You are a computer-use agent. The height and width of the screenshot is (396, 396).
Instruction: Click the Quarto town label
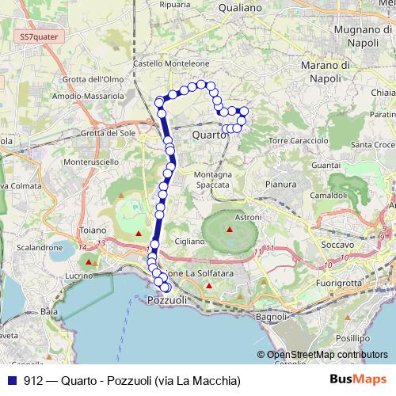[209, 135]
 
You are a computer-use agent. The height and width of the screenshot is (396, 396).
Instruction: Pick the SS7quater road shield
[37, 36]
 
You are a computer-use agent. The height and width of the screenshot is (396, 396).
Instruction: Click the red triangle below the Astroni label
[230, 230]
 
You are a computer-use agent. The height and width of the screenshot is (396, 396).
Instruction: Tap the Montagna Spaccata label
[212, 179]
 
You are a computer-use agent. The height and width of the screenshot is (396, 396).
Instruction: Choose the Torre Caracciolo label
[299, 140]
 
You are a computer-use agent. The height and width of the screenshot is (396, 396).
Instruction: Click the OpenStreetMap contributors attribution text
[326, 356]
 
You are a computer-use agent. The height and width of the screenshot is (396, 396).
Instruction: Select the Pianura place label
[281, 184]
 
